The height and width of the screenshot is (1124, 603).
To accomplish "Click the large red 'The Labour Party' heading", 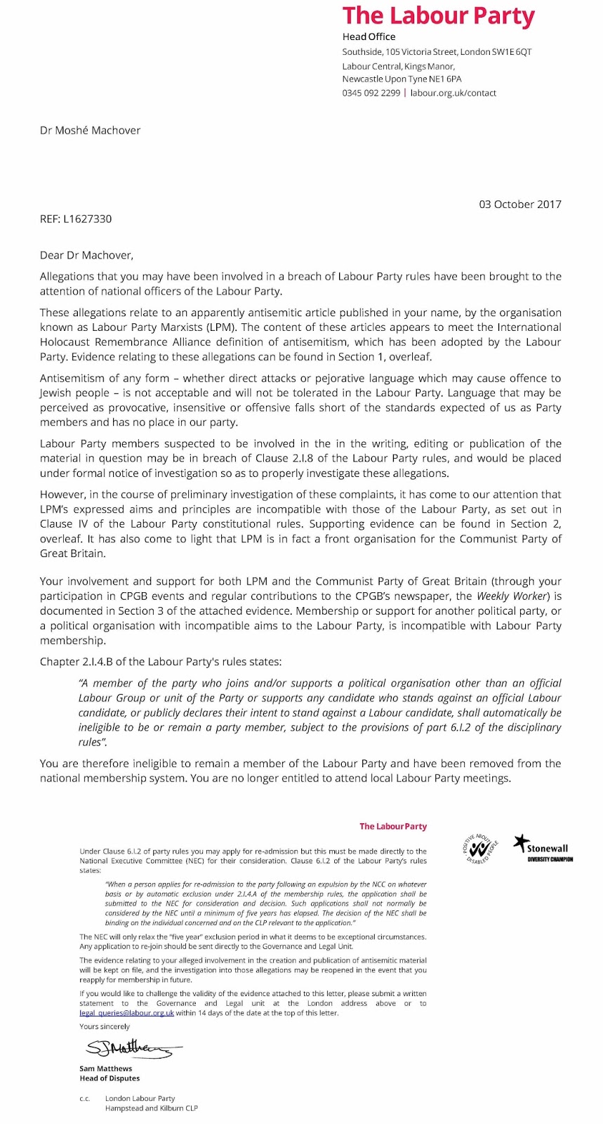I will click(438, 15).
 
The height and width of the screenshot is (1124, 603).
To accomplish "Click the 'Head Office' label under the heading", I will click(369, 37).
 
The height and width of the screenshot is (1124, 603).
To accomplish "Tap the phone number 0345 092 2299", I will click(371, 93).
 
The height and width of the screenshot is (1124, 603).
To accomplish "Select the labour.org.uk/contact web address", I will click(453, 93).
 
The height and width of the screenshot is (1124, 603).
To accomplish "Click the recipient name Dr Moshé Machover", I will click(90, 130).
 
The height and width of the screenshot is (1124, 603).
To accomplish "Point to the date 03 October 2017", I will click(520, 204).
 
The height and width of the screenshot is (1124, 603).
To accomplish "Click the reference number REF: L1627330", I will click(76, 218).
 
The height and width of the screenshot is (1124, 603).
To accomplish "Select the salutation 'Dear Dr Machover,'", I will click(86, 255).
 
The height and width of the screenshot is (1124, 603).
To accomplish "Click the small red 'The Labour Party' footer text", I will click(393, 826).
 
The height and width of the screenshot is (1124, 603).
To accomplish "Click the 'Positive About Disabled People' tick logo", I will click(481, 849).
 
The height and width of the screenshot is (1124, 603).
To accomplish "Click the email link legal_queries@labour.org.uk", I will click(126, 1013).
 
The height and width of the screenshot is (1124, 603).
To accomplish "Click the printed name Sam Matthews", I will click(106, 1069).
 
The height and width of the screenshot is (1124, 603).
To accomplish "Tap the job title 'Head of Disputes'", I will click(110, 1078).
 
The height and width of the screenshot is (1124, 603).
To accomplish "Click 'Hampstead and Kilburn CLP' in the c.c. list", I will click(152, 1108).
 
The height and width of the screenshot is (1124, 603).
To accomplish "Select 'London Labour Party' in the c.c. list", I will click(140, 1098).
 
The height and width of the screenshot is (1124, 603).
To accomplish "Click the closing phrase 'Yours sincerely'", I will click(105, 1026).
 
